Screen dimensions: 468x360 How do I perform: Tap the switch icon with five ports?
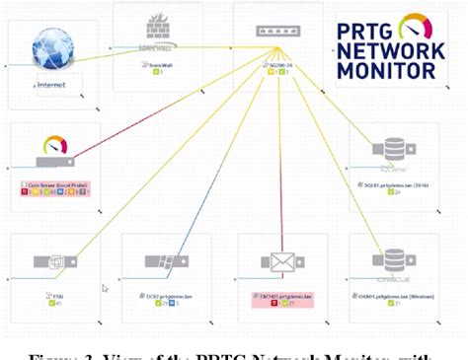(x=277, y=32)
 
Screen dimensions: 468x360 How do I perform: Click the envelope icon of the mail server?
(x=277, y=262)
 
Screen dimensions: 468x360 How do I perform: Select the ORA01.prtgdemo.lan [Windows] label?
(x=396, y=294)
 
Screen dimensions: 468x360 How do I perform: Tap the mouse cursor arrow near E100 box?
(x=105, y=288)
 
